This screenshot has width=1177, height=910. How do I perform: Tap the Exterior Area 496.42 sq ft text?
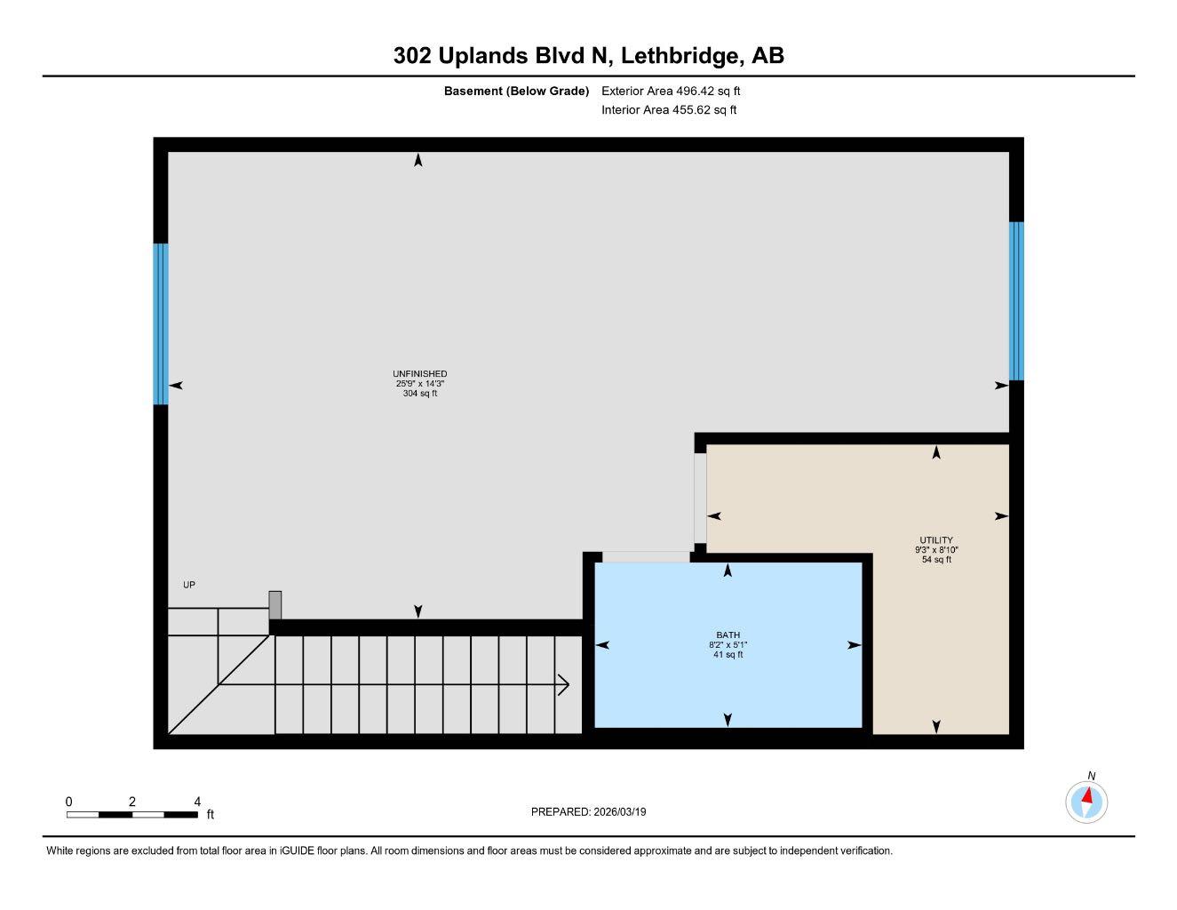[x=670, y=91]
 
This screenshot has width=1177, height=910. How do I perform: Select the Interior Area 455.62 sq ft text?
[x=668, y=110]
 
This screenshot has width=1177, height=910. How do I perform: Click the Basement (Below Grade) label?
[x=516, y=91]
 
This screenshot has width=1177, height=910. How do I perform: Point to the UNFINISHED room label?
[x=419, y=374]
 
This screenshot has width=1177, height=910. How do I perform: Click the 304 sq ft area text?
[x=419, y=393]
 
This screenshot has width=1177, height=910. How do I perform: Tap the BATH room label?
[x=728, y=635]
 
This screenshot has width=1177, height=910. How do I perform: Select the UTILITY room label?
[x=936, y=540]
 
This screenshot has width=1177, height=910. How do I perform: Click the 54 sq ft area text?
[x=936, y=560]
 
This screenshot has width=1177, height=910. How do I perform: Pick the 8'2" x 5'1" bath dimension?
[x=728, y=645]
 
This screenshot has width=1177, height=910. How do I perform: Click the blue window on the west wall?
[x=161, y=323]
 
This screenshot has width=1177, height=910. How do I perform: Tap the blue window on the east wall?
[x=1016, y=300]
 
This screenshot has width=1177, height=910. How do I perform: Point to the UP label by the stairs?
[x=189, y=585]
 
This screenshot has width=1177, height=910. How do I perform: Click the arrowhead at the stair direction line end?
[x=564, y=684]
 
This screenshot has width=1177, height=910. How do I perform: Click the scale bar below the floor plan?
[x=131, y=814]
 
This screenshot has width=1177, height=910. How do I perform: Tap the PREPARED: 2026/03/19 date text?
[x=588, y=811]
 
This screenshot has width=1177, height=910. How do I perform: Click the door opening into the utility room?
[x=700, y=498]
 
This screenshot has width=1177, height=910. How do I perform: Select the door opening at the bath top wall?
[x=646, y=557]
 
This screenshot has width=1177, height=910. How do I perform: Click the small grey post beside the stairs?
[x=275, y=604]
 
